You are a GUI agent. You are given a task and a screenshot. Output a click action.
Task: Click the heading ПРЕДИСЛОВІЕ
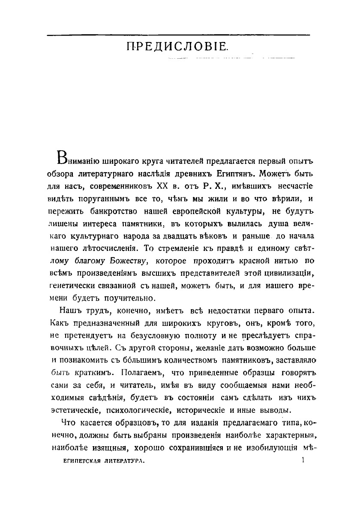pos(180,47)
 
